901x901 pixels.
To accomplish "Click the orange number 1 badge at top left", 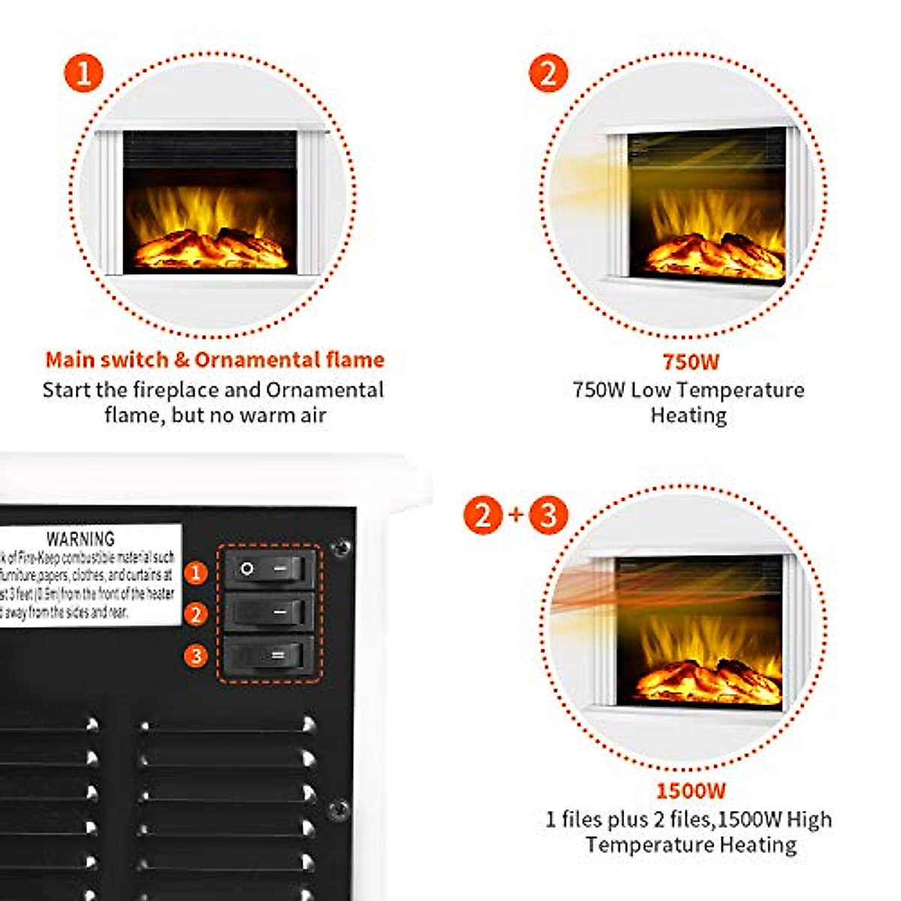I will click(x=83, y=74).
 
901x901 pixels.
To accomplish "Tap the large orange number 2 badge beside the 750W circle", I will click(x=548, y=74).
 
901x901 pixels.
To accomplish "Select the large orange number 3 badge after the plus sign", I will click(x=548, y=515).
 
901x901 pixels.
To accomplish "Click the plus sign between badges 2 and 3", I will click(x=515, y=515).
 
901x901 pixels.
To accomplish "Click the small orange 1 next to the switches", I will click(x=196, y=573).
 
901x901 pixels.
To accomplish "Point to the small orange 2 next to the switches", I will click(x=196, y=614).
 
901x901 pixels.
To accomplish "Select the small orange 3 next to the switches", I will click(x=196, y=656).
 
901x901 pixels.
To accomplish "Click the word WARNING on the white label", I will click(x=80, y=539).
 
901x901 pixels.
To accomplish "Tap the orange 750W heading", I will click(x=690, y=362).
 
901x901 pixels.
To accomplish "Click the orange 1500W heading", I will click(x=691, y=791).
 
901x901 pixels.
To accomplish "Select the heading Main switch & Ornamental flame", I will click(x=215, y=360).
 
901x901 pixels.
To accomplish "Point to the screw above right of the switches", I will click(x=340, y=547).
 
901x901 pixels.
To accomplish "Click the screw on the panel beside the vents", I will click(x=339, y=810).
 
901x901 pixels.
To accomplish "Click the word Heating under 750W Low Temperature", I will click(x=689, y=415).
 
